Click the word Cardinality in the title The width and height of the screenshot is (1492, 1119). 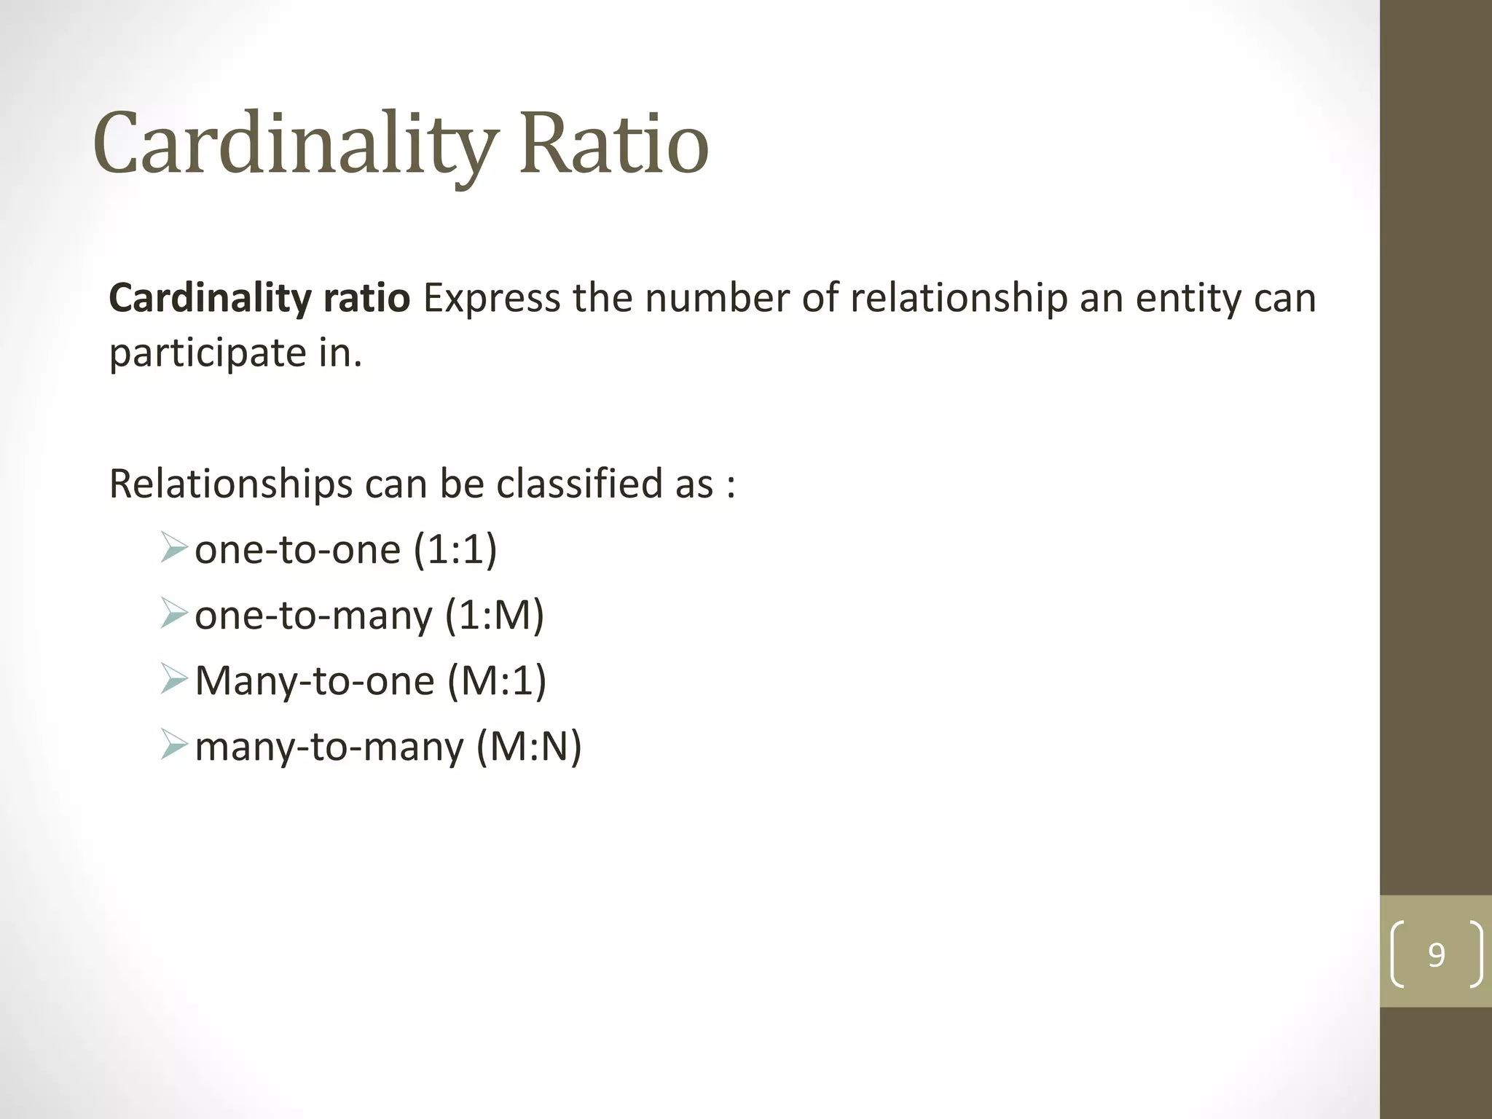pos(295,143)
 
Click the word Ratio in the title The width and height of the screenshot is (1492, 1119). pos(613,143)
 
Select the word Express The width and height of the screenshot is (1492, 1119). pos(492,298)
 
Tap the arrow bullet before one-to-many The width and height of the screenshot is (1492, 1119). pos(174,613)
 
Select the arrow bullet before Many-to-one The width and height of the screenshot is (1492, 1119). pos(174,679)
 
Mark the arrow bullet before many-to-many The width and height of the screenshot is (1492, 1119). pos(174,745)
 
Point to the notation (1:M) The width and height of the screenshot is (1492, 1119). pos(494,615)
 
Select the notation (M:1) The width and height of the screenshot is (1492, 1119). pos(496,680)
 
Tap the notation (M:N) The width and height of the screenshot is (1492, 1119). pos(529,747)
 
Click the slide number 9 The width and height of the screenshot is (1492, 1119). pos(1436,954)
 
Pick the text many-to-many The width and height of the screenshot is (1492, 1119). pos(329,747)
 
